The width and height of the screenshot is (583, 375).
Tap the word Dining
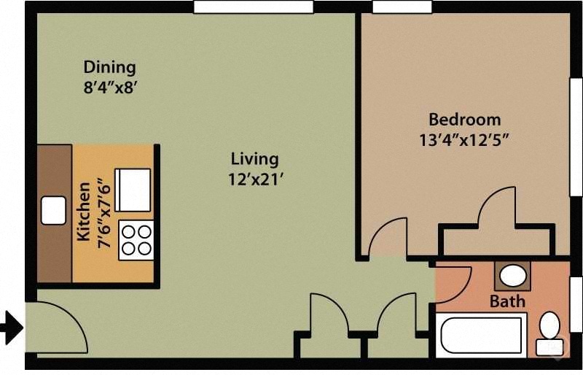[x=110, y=68]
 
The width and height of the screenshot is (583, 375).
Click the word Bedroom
[x=465, y=120]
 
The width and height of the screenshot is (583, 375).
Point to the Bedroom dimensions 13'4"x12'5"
[x=464, y=140]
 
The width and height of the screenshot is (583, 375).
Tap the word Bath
[x=507, y=301]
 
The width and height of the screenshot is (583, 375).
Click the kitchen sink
[x=53, y=210]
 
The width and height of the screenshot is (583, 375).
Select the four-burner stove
[x=136, y=240]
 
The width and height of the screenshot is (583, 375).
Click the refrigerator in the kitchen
[x=133, y=190]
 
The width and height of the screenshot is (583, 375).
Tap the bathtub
[x=482, y=335]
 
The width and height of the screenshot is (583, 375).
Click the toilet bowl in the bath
[x=550, y=325]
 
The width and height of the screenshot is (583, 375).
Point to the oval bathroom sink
[x=513, y=276]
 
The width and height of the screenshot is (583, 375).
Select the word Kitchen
[x=84, y=211]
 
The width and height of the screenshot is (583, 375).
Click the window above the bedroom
[x=402, y=7]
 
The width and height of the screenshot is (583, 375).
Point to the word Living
[x=254, y=159]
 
